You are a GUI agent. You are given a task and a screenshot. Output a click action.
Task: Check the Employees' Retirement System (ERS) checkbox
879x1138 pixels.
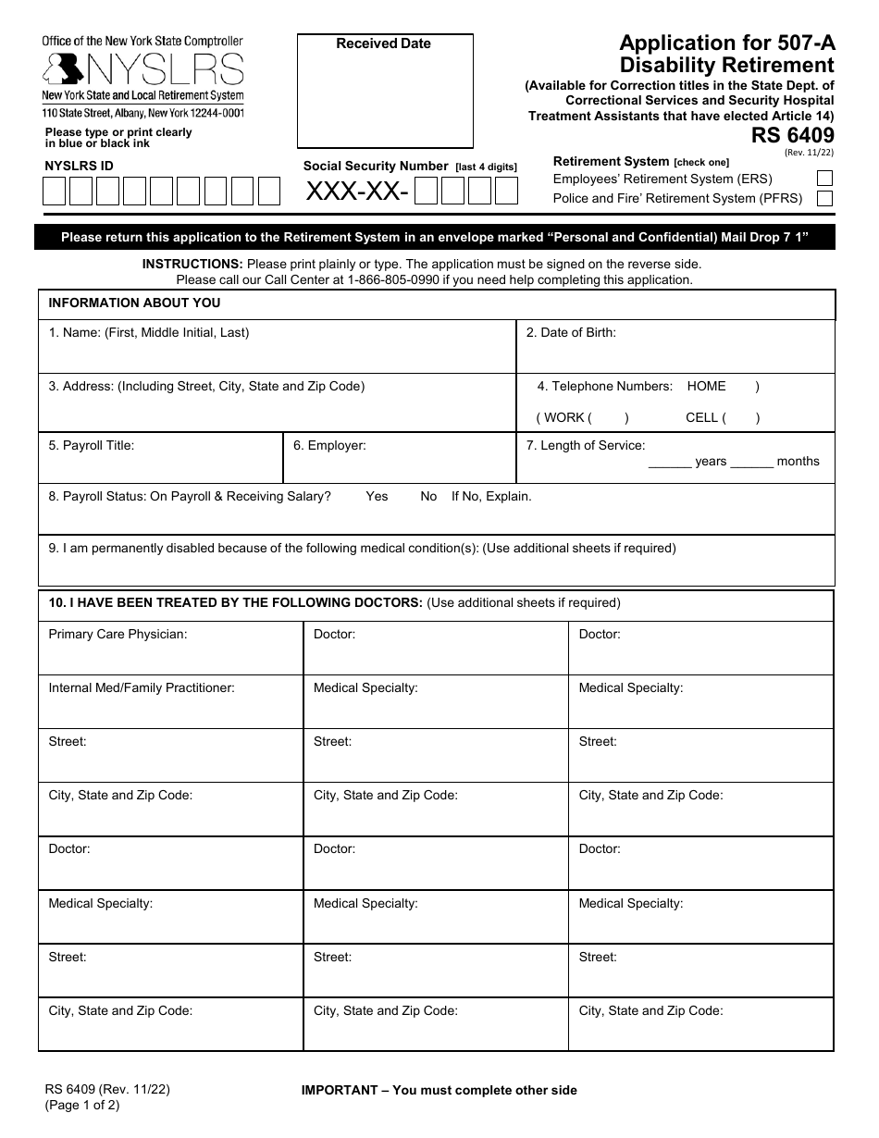(x=824, y=179)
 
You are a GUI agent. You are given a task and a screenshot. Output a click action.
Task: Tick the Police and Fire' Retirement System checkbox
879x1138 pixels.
(x=824, y=198)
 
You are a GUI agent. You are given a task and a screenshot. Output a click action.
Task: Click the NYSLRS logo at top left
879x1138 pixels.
(x=143, y=69)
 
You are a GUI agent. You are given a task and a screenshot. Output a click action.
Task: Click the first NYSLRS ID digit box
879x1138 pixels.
(x=55, y=191)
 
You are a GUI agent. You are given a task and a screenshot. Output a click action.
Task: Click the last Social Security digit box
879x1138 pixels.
(x=506, y=192)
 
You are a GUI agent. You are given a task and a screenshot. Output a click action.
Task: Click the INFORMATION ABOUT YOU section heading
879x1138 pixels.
(x=134, y=303)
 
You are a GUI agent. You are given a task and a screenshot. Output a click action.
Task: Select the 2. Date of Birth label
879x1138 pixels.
(x=571, y=333)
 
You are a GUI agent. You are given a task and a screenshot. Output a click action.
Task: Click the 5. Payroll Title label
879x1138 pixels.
(x=92, y=446)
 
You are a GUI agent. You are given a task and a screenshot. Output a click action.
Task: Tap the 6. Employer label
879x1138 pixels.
(x=329, y=446)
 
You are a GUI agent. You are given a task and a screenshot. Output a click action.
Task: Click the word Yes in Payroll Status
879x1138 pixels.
(x=377, y=497)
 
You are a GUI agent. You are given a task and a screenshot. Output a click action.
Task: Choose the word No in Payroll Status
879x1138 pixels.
(x=428, y=497)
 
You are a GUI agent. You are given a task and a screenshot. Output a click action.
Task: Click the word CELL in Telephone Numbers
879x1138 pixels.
(x=702, y=418)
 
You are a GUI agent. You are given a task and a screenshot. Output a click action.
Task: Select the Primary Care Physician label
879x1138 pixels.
(x=118, y=635)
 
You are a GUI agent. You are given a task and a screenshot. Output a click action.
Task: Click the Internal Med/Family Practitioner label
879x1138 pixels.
(x=142, y=688)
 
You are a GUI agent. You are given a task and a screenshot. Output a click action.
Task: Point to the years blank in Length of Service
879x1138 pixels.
(x=670, y=462)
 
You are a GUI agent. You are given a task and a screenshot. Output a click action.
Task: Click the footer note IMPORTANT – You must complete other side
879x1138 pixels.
(x=439, y=1091)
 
